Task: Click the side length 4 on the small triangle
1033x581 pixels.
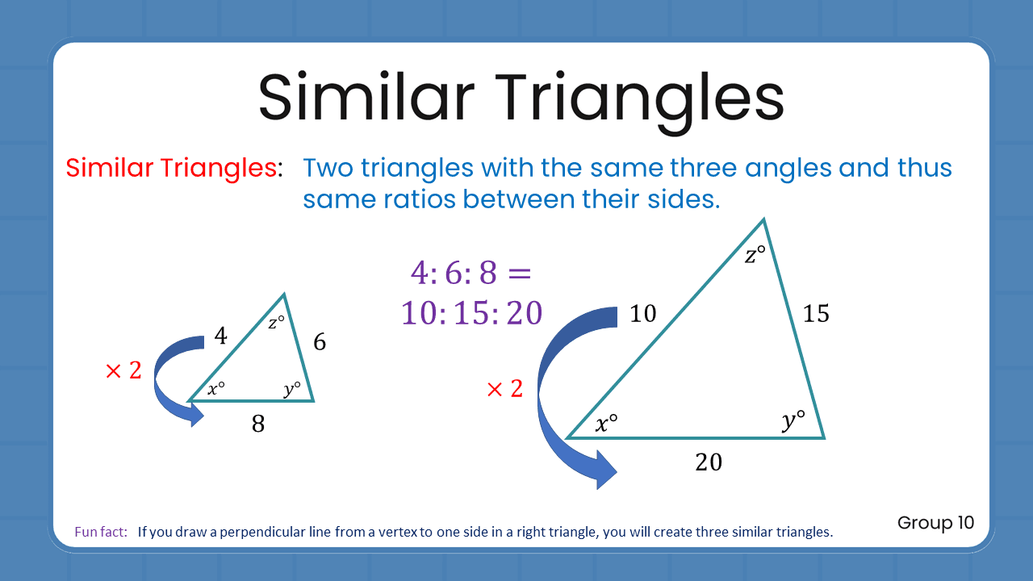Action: [x=220, y=335]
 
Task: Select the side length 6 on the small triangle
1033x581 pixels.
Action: [x=320, y=342]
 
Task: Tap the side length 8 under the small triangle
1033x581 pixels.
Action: [x=258, y=424]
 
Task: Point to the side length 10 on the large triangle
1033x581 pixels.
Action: [x=643, y=313]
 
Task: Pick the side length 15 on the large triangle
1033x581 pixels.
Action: [x=816, y=313]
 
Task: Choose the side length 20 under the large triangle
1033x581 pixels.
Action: [x=709, y=462]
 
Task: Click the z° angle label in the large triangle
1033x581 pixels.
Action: [x=755, y=256]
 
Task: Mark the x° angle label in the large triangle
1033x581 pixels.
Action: [x=606, y=423]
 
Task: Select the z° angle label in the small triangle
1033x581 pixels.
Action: [x=276, y=323]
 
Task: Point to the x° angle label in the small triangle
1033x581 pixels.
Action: [x=216, y=389]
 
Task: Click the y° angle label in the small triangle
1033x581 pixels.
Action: [x=292, y=388]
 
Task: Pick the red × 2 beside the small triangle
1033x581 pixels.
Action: [x=123, y=371]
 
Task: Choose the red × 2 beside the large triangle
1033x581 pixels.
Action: [x=504, y=390]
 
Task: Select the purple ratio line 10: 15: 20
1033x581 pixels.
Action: [x=471, y=312]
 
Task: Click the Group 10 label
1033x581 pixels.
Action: [x=935, y=523]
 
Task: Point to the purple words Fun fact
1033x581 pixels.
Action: [x=101, y=533]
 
